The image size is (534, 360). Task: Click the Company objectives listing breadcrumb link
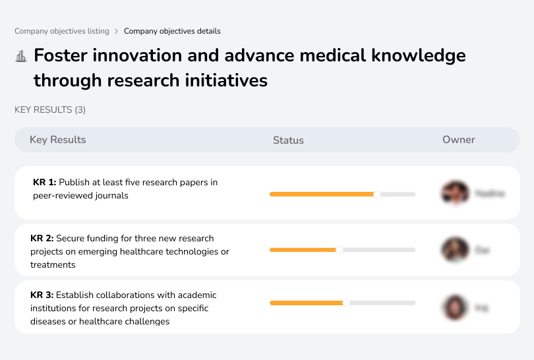coord(62,31)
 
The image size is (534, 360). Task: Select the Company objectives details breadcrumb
coord(172,31)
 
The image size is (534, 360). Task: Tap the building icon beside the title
coord(21,57)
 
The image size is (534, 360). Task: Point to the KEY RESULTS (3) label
coord(50,110)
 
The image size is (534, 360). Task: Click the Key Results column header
coord(57,140)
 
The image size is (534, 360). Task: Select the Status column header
coord(288,140)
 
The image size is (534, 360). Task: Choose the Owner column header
coord(459,140)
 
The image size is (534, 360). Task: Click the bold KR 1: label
coord(45,183)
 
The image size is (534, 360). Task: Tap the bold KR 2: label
coord(42,239)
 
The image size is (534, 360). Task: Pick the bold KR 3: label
coord(42,295)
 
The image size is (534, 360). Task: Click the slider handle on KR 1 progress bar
coord(377,194)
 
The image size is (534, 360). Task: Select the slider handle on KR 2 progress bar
coord(340,250)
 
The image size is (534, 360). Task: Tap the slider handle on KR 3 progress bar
coord(346,303)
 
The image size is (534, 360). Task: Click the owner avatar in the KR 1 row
coord(454,193)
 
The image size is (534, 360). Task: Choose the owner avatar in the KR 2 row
coord(454,250)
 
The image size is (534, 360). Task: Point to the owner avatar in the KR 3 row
coord(454,307)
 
